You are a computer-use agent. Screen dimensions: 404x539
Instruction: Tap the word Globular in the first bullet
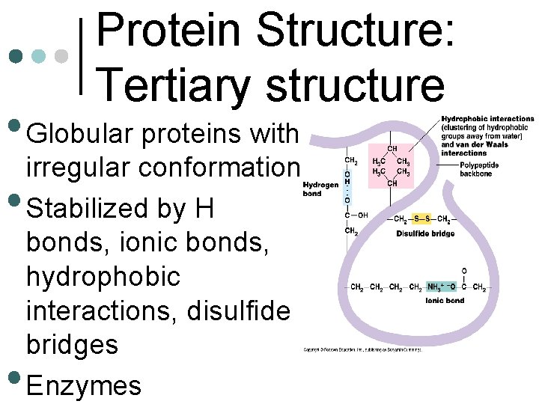coord(81,135)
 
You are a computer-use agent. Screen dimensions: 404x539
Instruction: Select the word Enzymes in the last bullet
coord(83,386)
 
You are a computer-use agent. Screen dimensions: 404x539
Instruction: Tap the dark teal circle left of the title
coord(14,56)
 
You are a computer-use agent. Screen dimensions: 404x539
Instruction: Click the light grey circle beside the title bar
coord(62,56)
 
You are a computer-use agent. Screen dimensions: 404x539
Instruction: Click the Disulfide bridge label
coord(425,234)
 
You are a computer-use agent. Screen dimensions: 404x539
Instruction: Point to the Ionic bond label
coord(445,300)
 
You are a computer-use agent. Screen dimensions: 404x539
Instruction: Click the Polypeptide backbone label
coord(481,168)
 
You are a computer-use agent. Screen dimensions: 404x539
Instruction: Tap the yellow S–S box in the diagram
coord(423,218)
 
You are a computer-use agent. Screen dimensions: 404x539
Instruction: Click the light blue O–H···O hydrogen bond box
coord(347,186)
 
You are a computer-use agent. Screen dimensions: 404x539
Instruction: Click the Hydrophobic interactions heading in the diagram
coord(487,118)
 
